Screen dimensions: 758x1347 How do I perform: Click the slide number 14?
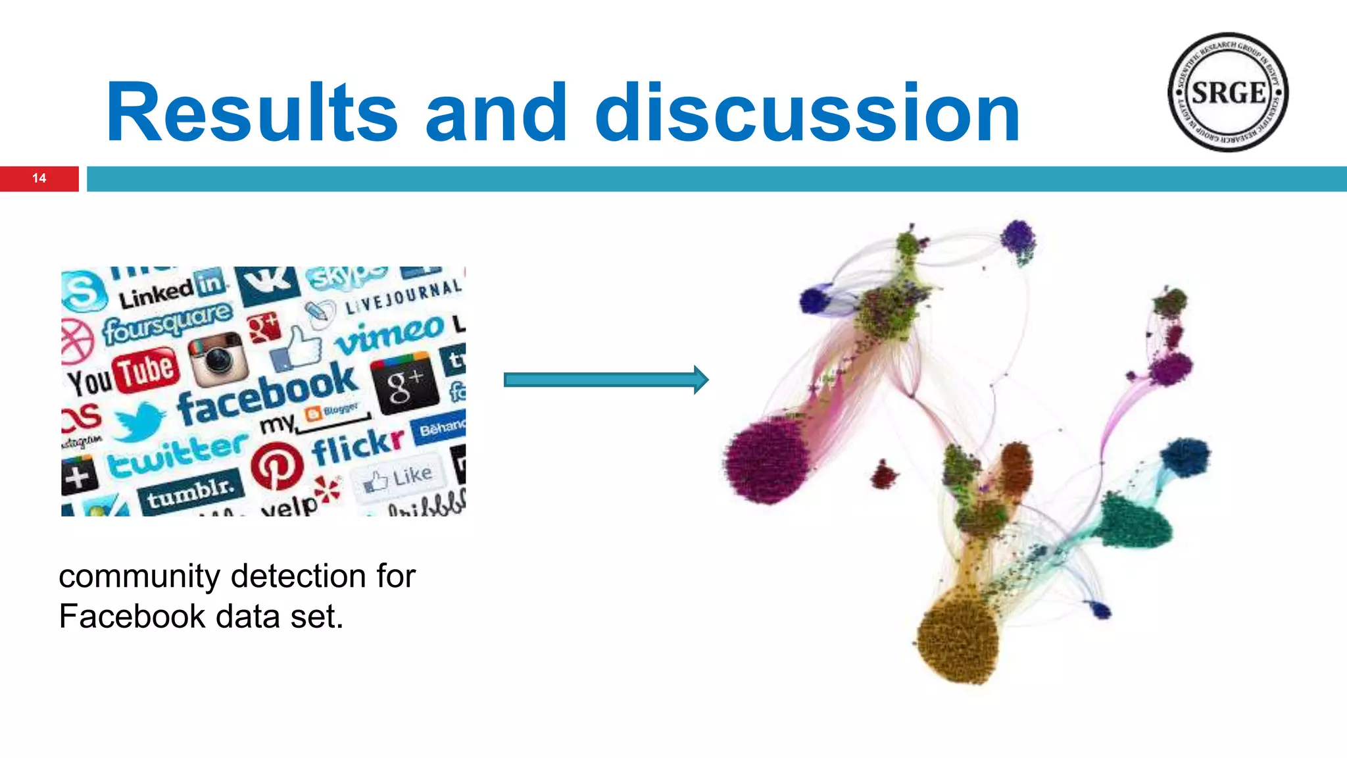tap(39, 178)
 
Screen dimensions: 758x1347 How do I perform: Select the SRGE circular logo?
tap(1227, 92)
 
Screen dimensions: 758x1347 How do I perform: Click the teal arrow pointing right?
tap(605, 380)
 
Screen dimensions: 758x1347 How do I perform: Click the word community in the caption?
tap(139, 576)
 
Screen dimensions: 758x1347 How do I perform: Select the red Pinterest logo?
tap(277, 466)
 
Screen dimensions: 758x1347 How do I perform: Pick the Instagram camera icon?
tap(218, 359)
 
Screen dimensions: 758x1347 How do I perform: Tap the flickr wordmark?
tap(357, 445)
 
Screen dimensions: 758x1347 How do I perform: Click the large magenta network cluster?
tap(767, 461)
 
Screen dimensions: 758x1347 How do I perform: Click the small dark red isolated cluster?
tap(883, 474)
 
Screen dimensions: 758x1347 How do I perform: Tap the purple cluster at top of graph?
tap(1018, 240)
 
